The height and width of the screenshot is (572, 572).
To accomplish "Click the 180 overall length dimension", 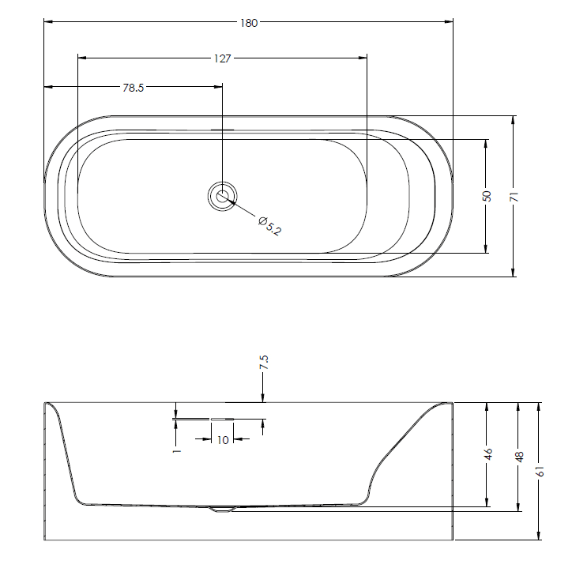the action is point(249,23).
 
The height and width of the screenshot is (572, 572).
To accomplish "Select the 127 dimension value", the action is point(223,58).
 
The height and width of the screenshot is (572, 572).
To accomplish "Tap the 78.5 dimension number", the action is point(134,88).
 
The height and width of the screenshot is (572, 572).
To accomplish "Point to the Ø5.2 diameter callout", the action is point(269,226).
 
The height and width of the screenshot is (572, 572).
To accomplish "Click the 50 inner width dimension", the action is point(487,196).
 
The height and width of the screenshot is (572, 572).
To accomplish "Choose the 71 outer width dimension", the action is point(514,196).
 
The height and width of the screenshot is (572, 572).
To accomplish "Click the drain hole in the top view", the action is point(223,197).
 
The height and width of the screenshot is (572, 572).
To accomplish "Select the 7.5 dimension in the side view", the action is point(264,362).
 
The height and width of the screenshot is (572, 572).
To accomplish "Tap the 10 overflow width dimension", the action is point(223,440).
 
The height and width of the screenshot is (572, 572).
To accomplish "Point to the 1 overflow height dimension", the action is point(177,451).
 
